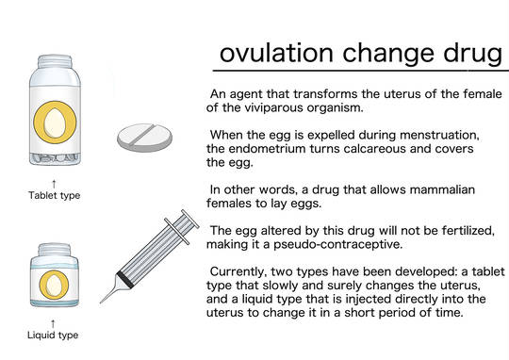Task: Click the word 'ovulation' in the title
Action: (276, 53)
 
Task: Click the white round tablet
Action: (145, 138)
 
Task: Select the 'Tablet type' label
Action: (55, 195)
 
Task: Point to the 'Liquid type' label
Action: (53, 335)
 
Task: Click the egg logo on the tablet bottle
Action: (56, 123)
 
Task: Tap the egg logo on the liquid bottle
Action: (54, 286)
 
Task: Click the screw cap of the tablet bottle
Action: (55, 61)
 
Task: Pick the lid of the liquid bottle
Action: (55, 250)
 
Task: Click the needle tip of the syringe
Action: (101, 303)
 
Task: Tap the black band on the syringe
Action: (125, 279)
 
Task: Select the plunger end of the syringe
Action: (190, 220)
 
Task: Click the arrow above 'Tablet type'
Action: (54, 184)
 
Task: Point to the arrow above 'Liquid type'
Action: (53, 323)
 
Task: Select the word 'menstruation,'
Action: (439, 135)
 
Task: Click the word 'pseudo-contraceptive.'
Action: (338, 244)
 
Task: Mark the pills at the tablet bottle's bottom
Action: (56, 158)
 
